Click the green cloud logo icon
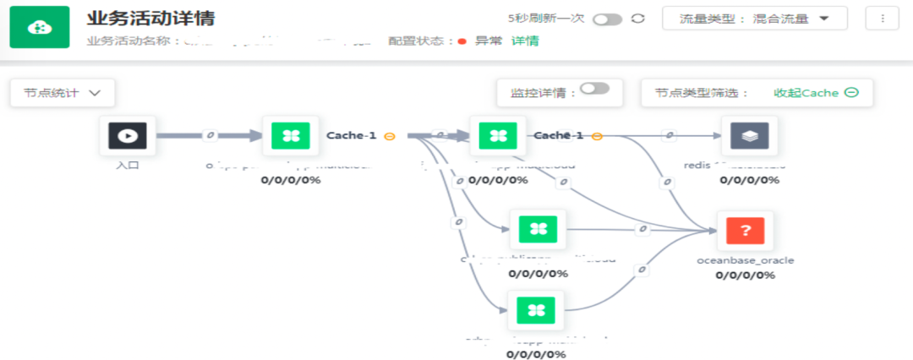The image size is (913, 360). click(x=40, y=27)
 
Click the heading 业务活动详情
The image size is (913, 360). click(x=150, y=19)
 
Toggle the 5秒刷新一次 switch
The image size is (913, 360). click(x=607, y=19)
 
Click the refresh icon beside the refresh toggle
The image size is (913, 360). click(x=638, y=19)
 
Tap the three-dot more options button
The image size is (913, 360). click(x=883, y=19)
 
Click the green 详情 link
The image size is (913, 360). click(x=525, y=41)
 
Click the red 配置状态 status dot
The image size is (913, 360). click(x=462, y=41)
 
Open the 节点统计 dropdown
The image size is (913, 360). click(x=63, y=93)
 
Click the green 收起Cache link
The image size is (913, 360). click(x=816, y=93)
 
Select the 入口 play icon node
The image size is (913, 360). click(x=128, y=135)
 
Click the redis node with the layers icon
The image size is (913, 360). click(x=749, y=135)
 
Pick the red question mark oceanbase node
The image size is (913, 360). click(x=745, y=231)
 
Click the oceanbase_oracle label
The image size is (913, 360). click(x=745, y=260)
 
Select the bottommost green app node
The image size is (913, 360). click(x=536, y=310)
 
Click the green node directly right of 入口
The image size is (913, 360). click(x=290, y=135)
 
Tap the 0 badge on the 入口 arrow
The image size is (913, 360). click(x=210, y=135)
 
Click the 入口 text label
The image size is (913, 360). click(x=128, y=165)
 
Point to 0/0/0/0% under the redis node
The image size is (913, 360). click(x=748, y=179)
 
